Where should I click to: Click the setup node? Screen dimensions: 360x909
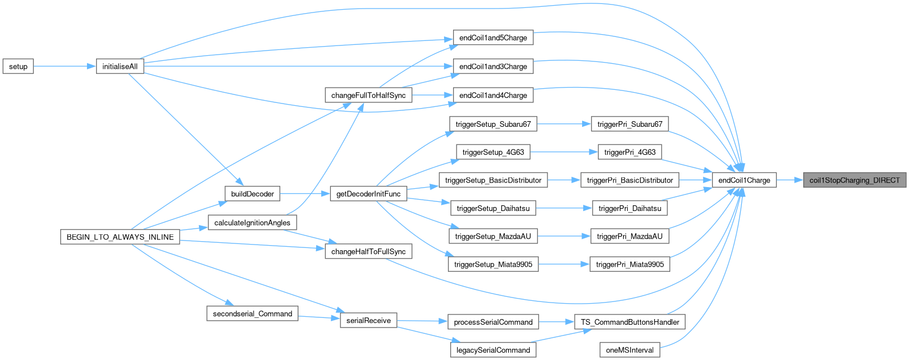pyautogui.click(x=18, y=67)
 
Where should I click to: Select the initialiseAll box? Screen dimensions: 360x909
pyautogui.click(x=119, y=67)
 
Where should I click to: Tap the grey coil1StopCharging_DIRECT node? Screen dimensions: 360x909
pyautogui.click(x=854, y=180)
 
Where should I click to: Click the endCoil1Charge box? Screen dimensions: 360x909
pyautogui.click(x=744, y=180)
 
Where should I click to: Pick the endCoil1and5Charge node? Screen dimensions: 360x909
pyautogui.click(x=493, y=38)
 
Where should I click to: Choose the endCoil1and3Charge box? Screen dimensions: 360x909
pyautogui.click(x=493, y=67)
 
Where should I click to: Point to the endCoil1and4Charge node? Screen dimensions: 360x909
pyautogui.click(x=493, y=95)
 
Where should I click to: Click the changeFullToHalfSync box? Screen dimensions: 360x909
pyautogui.click(x=368, y=95)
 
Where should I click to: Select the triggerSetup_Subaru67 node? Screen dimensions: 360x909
pyautogui.click(x=493, y=124)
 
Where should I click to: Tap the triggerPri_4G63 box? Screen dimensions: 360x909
pyautogui.click(x=630, y=152)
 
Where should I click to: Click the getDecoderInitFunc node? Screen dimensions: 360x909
pyautogui.click(x=368, y=194)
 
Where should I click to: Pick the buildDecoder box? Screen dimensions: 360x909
pyautogui.click(x=252, y=194)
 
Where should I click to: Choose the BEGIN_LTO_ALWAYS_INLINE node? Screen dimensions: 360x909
pyautogui.click(x=120, y=237)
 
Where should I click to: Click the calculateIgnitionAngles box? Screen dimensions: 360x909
pyautogui.click(x=252, y=222)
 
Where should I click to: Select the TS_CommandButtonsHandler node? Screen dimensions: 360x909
pyautogui.click(x=630, y=322)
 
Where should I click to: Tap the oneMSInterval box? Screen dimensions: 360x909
pyautogui.click(x=630, y=350)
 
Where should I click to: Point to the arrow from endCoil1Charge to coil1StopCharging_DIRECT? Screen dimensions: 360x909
pyautogui.click(x=789, y=180)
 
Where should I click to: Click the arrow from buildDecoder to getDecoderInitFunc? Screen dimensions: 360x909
pyautogui.click(x=305, y=194)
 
